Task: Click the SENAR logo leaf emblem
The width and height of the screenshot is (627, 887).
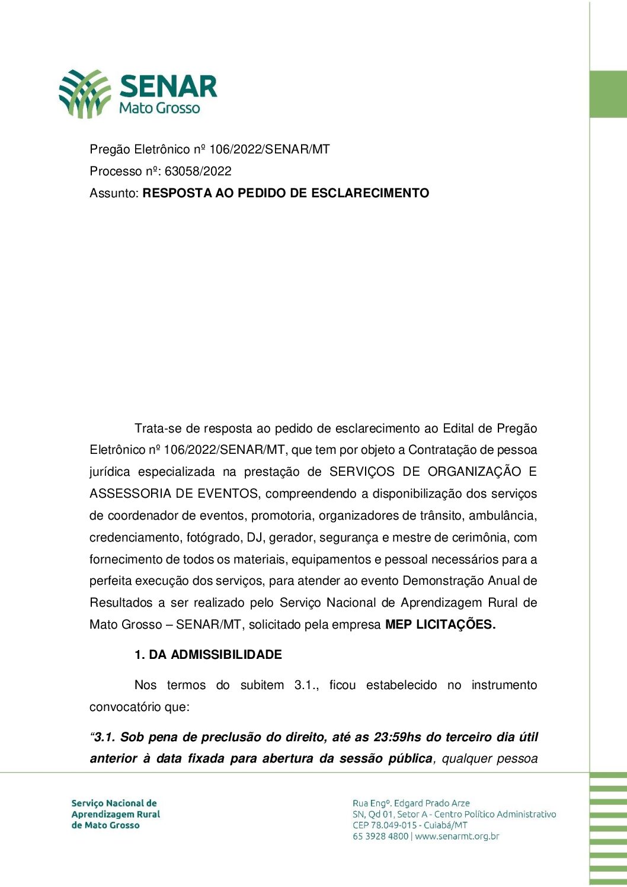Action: pyautogui.click(x=84, y=94)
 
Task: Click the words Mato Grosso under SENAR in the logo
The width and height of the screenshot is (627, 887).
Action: pyautogui.click(x=159, y=108)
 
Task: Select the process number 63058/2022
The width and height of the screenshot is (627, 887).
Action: pyautogui.click(x=198, y=171)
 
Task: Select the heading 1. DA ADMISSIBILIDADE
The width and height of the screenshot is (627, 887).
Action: pyautogui.click(x=208, y=655)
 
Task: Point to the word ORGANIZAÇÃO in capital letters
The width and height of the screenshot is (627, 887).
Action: pyautogui.click(x=474, y=472)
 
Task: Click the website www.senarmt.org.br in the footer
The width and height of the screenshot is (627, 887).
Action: pyautogui.click(x=457, y=837)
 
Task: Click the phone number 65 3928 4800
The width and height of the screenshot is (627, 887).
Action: pyautogui.click(x=380, y=837)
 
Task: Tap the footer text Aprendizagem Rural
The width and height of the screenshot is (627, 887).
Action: pyautogui.click(x=116, y=814)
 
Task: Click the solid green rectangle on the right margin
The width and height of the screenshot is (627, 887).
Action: pyautogui.click(x=608, y=94)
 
